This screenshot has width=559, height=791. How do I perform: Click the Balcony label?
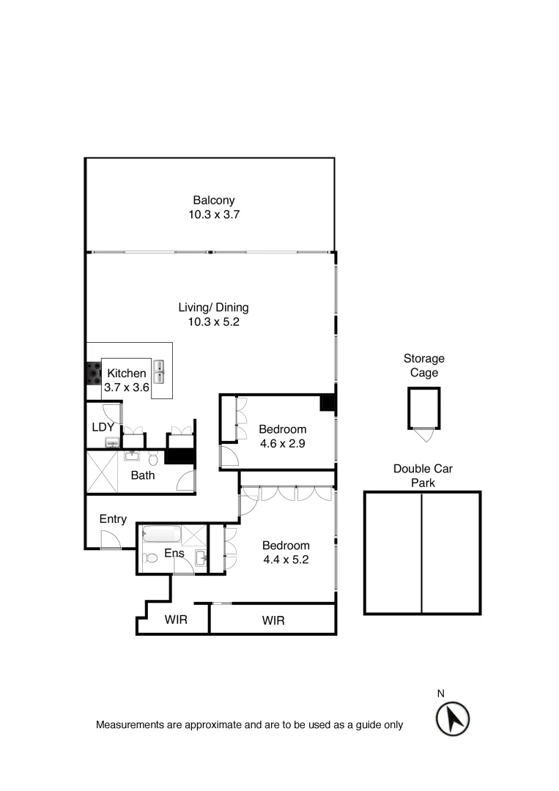[213, 200]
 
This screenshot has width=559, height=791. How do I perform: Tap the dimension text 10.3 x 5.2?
[213, 322]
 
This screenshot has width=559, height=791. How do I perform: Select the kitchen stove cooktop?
[94, 374]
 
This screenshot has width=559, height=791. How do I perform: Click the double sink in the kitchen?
[159, 371]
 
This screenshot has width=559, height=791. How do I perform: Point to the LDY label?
[102, 427]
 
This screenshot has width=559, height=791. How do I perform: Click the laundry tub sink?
[111, 442]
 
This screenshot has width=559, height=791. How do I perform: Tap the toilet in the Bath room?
[153, 458]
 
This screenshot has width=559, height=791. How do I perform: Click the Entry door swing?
[111, 540]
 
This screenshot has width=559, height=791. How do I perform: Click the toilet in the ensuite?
[152, 557]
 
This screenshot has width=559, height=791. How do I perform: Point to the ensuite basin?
[201, 559]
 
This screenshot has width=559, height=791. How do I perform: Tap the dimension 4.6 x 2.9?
[282, 443]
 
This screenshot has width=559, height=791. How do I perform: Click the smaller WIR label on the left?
[176, 620]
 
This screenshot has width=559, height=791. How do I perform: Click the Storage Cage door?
[423, 434]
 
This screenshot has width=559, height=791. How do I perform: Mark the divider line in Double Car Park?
[422, 553]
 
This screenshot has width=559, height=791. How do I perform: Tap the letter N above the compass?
[441, 693]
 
